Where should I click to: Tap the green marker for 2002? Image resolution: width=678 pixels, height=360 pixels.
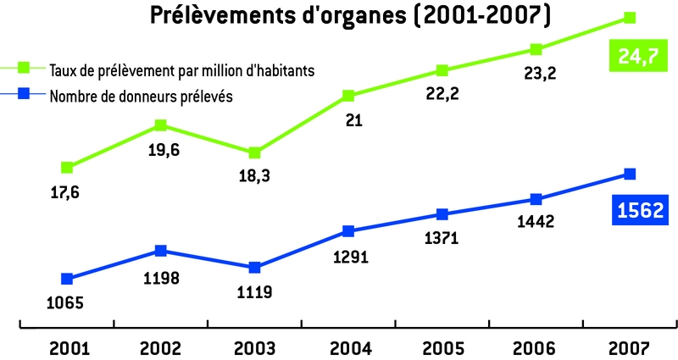coord(161,125)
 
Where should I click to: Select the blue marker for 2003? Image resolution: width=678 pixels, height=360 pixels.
coord(254,268)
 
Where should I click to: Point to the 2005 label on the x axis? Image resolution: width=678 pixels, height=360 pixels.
coord(442,347)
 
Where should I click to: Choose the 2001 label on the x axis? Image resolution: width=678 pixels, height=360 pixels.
coord(67,347)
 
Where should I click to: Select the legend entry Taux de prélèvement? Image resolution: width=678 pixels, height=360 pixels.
coord(182,70)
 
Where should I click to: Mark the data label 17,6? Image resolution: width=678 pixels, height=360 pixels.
coord(66,193)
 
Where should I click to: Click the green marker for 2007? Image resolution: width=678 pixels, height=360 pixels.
coord(630,17)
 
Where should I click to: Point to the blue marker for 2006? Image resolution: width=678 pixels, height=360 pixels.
coord(536,199)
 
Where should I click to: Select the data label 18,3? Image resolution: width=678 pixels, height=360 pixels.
coord(254,177)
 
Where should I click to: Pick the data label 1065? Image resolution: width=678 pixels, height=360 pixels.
coord(66,302)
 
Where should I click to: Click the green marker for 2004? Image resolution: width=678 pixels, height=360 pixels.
coord(348,95)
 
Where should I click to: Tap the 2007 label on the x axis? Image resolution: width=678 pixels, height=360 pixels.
coord(630,347)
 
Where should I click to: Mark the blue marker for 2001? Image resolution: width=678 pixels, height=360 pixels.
coord(67,279)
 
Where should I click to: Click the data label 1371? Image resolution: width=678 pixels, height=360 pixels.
coord(442,239)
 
